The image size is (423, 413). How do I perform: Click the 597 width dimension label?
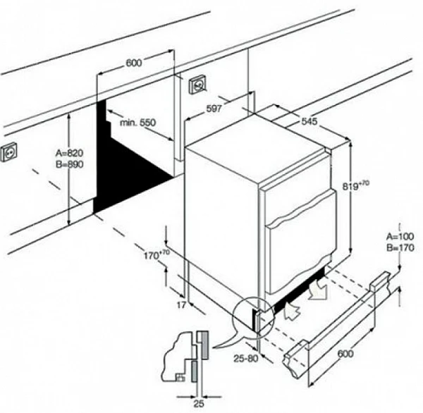coord(214,109)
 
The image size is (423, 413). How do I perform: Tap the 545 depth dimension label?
coord(309,121)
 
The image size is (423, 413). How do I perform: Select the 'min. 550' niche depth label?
coord(138,123)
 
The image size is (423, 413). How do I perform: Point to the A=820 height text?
coord(69,153)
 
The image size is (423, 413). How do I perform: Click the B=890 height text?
coord(69,164)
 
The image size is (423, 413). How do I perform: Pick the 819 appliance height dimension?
coord(355,185)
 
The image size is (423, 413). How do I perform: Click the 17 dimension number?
coord(181,305)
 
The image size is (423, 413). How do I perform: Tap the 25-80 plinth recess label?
coord(246,358)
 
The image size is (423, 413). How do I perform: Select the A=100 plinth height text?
coord(400,237)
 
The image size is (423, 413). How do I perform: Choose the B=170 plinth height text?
coord(400,247)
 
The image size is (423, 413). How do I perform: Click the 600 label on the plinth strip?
coord(345,353)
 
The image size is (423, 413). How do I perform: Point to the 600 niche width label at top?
coord(133,63)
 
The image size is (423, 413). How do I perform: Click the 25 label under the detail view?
coord(199,404)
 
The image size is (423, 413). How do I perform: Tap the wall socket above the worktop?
coord(198,85)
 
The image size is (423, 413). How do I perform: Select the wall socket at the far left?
coord(8,152)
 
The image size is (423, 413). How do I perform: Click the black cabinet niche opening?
coord(126,162)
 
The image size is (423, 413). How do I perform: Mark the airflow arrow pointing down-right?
coord(319,290)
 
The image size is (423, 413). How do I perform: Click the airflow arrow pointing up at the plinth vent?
coord(292,311)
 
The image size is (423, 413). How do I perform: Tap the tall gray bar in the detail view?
coord(203,345)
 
